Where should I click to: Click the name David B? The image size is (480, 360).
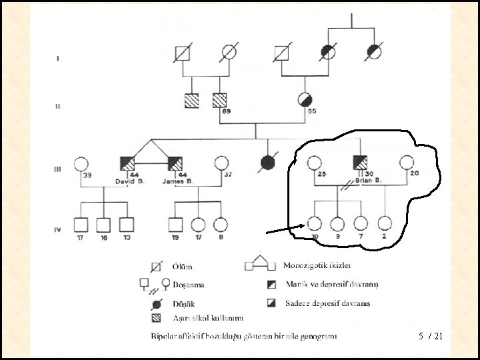click(130, 181)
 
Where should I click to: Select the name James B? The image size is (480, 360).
click(177, 181)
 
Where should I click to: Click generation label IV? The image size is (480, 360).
click(59, 229)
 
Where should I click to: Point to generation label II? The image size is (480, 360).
click(57, 107)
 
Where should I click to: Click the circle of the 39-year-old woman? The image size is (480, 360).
click(81, 163)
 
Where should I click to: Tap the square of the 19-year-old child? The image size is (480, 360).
click(175, 225)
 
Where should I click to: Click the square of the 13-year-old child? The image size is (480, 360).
click(126, 225)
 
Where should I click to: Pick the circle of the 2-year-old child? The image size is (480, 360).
click(385, 224)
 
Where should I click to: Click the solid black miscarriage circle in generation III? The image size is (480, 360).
click(268, 163)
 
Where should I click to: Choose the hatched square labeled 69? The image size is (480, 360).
click(219, 100)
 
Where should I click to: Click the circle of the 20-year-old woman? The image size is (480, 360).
click(406, 163)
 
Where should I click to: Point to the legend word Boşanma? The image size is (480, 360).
click(188, 285)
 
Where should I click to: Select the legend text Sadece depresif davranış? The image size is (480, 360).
click(327, 303)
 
